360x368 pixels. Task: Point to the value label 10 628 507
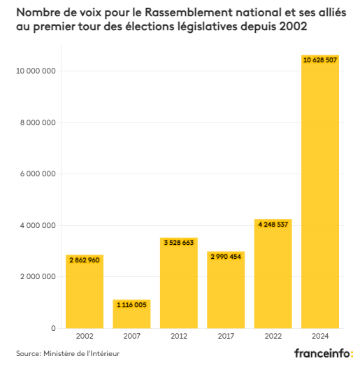point(320,61)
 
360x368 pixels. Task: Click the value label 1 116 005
point(131,305)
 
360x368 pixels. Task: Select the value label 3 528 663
point(179,243)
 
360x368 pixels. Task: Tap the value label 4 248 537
point(273,225)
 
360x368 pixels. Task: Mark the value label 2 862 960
point(85,260)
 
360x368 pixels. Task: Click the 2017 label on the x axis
point(226,337)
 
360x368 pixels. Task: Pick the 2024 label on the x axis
point(320,337)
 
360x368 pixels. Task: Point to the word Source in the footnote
point(29,355)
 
